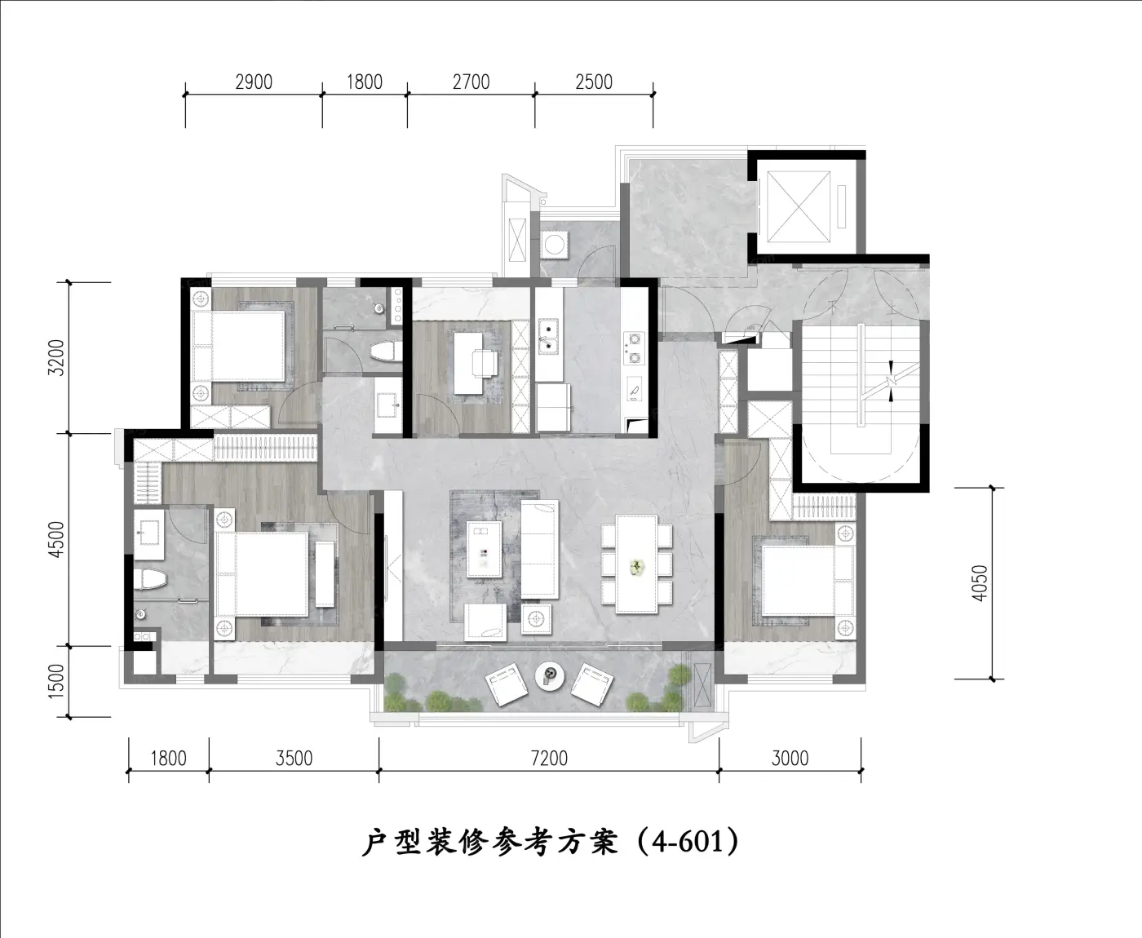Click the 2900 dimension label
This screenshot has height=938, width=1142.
tap(254, 82)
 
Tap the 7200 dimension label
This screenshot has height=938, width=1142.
tap(549, 759)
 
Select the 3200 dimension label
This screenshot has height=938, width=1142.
tap(55, 358)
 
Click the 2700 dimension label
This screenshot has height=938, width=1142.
tap(471, 82)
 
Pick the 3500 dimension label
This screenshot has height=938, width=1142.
tap(294, 759)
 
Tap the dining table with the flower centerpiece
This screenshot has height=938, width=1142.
tap(637, 564)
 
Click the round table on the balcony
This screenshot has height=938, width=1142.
tap(550, 676)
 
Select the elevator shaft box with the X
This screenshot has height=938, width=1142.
tap(799, 207)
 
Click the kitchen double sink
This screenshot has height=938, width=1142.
tap(548, 336)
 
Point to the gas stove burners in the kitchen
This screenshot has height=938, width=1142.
tap(634, 348)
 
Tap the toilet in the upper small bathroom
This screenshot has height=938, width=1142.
tap(386, 352)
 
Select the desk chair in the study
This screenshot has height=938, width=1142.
tap(485, 363)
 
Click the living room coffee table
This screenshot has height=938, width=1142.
tap(484, 549)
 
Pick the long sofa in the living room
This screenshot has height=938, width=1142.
tap(539, 549)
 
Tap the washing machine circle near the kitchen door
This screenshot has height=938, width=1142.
tap(553, 244)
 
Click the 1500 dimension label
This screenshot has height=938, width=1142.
tap(55, 681)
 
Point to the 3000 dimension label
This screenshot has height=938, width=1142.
tap(790, 759)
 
